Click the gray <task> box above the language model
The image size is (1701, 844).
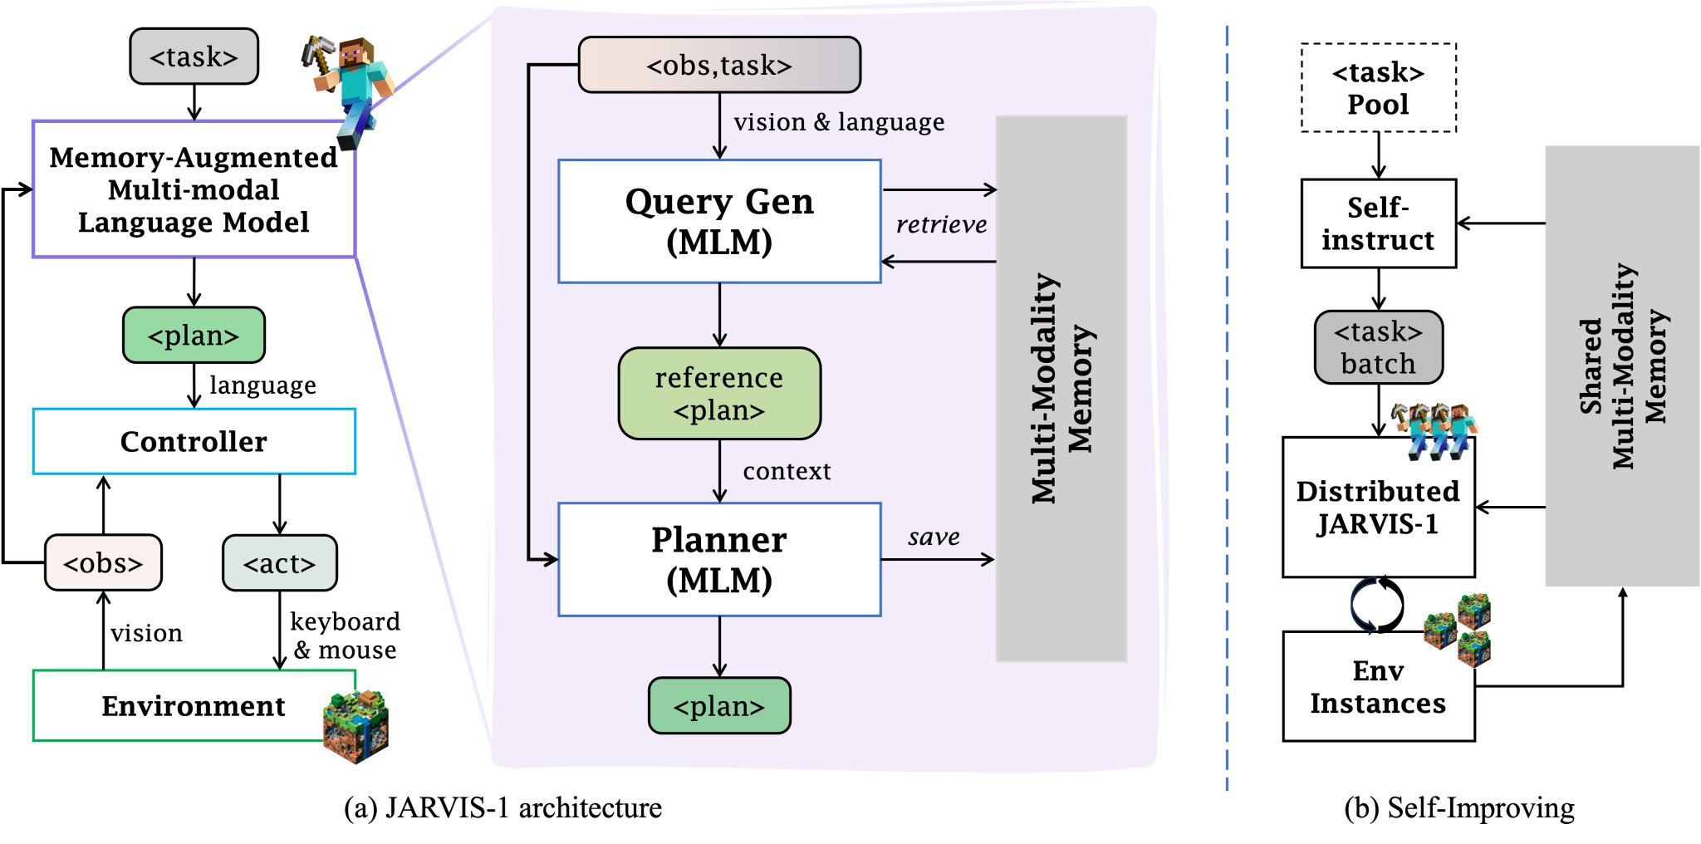(194, 56)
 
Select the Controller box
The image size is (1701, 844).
(194, 441)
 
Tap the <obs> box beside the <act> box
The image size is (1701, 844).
(103, 562)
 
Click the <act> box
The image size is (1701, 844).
(280, 562)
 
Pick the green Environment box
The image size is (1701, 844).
(194, 705)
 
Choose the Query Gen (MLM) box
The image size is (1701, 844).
(719, 221)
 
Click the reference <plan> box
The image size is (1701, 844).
(719, 393)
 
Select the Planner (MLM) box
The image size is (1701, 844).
(719, 559)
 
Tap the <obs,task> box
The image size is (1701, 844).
(719, 64)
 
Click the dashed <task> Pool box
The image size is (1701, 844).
(1379, 87)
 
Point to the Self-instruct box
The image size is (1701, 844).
(1379, 223)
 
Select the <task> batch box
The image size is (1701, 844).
(1379, 347)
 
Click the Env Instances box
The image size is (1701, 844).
(1379, 686)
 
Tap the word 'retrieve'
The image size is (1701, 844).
(941, 224)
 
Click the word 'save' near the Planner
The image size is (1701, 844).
(934, 537)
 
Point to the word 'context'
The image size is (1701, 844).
(787, 471)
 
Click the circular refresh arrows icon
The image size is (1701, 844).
(1377, 605)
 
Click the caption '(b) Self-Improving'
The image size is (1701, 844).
(1459, 807)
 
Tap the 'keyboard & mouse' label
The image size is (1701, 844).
(345, 635)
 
